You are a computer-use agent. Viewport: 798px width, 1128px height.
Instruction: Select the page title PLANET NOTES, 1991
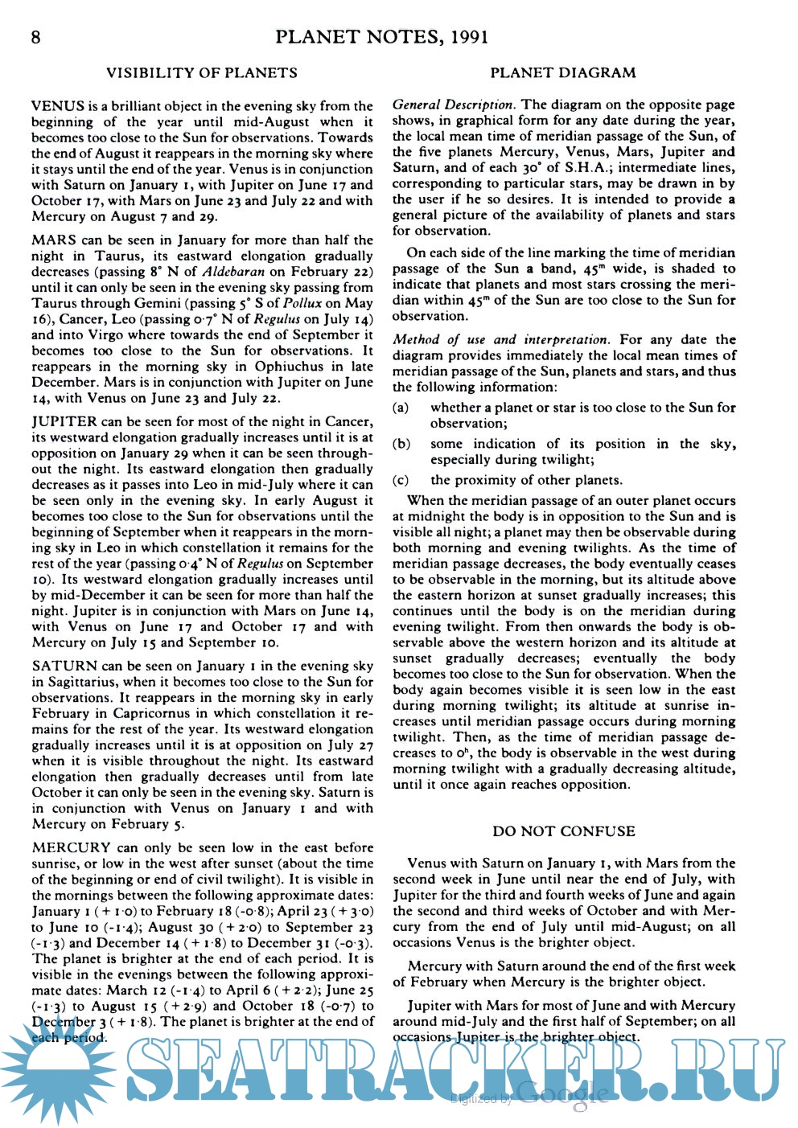point(381,37)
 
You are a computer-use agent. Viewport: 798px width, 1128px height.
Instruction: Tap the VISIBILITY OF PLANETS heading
point(202,73)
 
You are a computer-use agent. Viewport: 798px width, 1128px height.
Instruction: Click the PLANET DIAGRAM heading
point(563,73)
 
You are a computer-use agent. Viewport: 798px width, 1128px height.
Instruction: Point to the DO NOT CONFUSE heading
point(564,831)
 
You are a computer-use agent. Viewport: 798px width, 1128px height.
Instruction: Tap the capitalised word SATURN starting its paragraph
point(64,667)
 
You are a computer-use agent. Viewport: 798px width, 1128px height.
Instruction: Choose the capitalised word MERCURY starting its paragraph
point(71,848)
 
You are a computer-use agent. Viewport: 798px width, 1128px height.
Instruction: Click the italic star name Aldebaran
point(233,272)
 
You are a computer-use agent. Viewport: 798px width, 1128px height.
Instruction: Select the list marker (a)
point(401,408)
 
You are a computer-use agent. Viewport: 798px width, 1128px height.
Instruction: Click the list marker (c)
point(401,481)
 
